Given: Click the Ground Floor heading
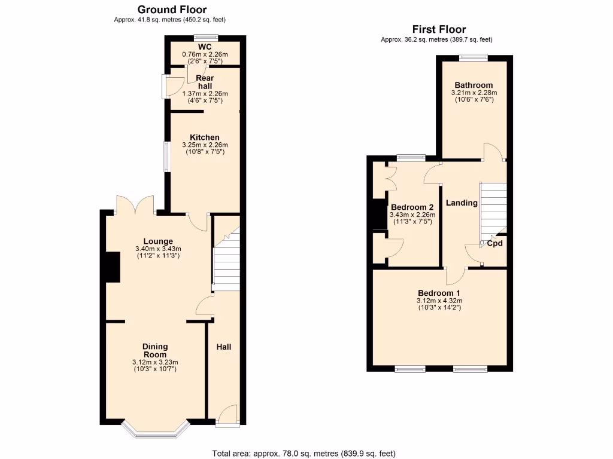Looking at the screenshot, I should [x=172, y=10].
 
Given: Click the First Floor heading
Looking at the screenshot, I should [x=439, y=29].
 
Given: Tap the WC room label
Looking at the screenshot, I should [x=205, y=47].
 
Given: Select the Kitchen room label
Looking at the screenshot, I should [x=205, y=137].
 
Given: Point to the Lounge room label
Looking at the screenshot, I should [x=158, y=241].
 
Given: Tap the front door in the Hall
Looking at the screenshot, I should [x=227, y=416].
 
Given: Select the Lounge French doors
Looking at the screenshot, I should [x=136, y=206].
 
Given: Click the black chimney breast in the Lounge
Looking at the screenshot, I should [x=113, y=267].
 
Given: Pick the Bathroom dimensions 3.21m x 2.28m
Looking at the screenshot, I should [x=474, y=93].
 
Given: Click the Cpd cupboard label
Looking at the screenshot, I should [x=494, y=244].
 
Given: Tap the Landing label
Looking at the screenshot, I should [x=462, y=203].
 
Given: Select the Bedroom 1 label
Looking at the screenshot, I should [x=439, y=293].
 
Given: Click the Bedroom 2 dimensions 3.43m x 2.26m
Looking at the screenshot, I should [x=412, y=215].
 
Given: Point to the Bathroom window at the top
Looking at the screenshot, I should [x=474, y=57].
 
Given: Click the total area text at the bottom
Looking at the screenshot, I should [x=304, y=453].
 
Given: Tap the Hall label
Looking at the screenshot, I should [x=223, y=347].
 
